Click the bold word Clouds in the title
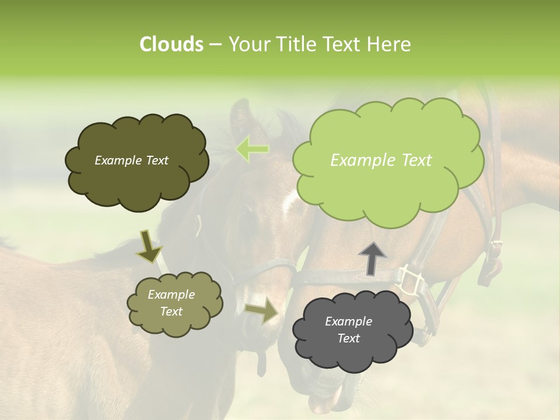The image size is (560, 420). (x=171, y=44)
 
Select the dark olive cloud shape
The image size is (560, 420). (x=136, y=161)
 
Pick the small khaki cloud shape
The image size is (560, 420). (x=174, y=303)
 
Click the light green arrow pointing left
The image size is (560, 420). (x=253, y=150)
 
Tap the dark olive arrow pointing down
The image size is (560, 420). (x=149, y=245)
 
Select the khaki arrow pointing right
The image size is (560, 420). (x=262, y=311)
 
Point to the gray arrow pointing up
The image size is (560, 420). (x=372, y=258)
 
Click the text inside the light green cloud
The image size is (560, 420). (x=381, y=160)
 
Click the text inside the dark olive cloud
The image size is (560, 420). (x=131, y=160)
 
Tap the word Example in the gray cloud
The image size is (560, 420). (x=348, y=321)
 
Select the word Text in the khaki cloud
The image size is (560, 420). (x=171, y=311)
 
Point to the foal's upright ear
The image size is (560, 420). (x=240, y=117)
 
